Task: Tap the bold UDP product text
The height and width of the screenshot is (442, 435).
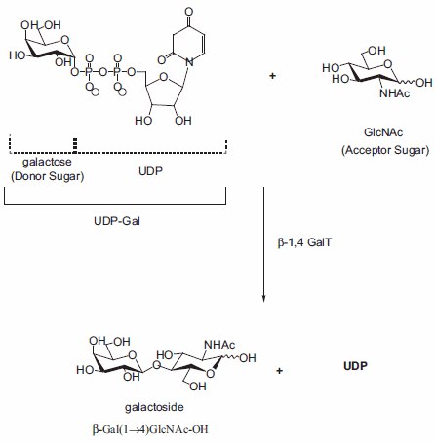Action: point(357,369)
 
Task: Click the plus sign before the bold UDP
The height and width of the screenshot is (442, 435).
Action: point(281,370)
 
